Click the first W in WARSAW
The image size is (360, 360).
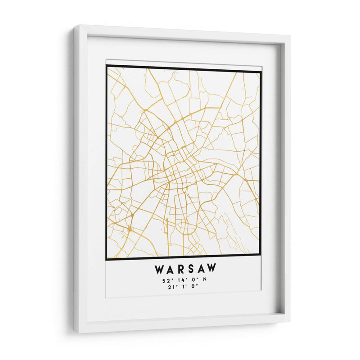click(x=160, y=270)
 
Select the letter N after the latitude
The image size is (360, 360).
click(x=204, y=280)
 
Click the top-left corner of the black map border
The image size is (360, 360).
click(x=107, y=66)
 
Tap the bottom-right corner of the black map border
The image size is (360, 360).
click(x=261, y=255)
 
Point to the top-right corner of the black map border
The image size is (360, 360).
click(x=261, y=70)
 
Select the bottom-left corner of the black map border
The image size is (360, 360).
click(x=106, y=259)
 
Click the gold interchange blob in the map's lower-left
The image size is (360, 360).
click(x=129, y=229)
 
